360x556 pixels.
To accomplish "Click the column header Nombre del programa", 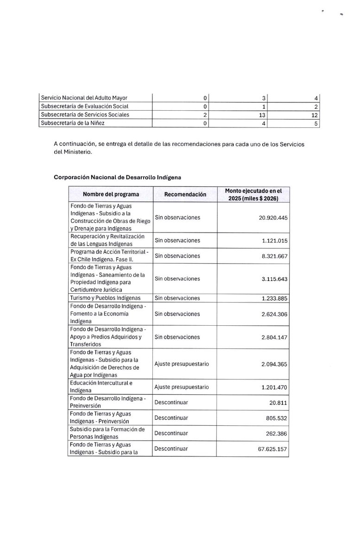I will [x=111, y=195].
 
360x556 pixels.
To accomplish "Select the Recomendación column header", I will [x=185, y=195].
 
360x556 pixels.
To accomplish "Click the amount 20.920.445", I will [x=269, y=217].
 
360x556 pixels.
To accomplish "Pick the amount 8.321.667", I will [x=272, y=256].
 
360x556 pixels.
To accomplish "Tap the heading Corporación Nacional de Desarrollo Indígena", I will [x=118, y=177].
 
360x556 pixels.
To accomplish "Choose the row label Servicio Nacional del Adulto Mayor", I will [x=84, y=98].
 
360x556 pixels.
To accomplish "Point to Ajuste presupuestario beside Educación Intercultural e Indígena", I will [x=182, y=387].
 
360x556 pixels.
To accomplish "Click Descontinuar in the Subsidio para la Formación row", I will [x=171, y=433].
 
